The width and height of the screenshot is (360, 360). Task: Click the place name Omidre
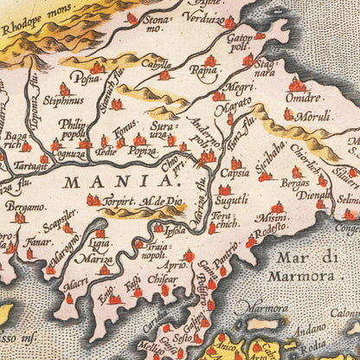point(304,98)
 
